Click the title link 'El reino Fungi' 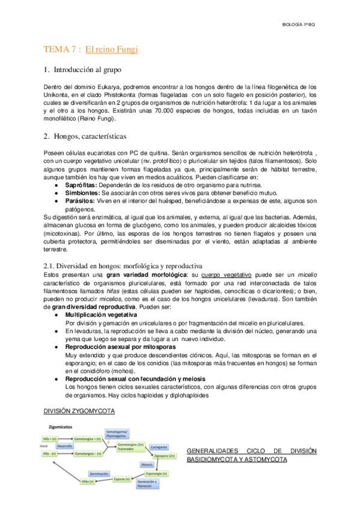pos(112,49)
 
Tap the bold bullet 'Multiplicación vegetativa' pos(101,315)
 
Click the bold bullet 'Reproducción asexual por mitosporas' pos(112,348)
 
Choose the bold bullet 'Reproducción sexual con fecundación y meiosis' pos(135,379)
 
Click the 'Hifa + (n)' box pos(50,439)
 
